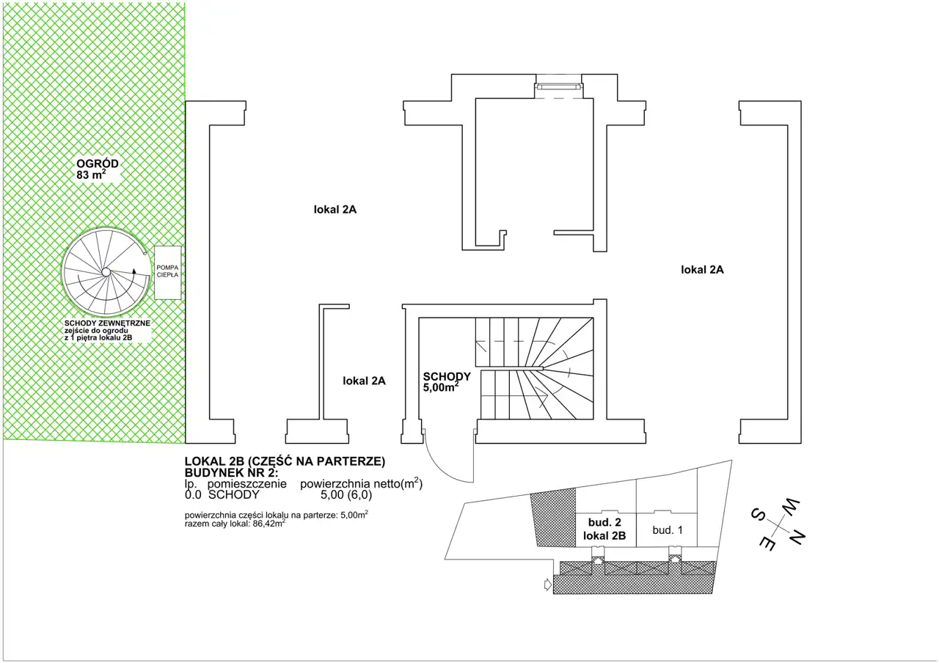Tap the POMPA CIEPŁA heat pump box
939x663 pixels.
pos(168,272)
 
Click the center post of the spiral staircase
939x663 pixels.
pos(106,272)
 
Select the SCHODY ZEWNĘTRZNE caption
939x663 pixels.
pos(107,323)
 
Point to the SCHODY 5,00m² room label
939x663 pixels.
pos(447,381)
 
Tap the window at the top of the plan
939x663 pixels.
pos(559,87)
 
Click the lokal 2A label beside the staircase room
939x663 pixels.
pos(364,381)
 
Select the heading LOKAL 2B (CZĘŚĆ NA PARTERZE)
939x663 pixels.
pos(285,461)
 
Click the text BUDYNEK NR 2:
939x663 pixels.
pos(231,473)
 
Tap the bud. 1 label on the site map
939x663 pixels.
pos(668,530)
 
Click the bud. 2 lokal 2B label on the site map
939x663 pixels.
pos(604,529)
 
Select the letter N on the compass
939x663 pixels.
pos(796,536)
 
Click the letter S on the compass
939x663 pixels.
pos(758,514)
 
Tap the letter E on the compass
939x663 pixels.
pos(767,543)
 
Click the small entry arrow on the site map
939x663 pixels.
pos(547,585)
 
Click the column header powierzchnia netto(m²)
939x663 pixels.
pos(362,483)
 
